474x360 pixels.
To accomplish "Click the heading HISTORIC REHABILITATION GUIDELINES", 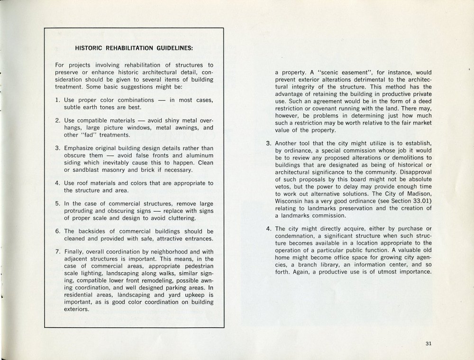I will pos(134,48).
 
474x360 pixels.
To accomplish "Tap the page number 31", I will pos(428,344).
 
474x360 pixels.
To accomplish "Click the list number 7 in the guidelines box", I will pos(57,252).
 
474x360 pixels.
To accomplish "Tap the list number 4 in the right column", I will pos(268,229).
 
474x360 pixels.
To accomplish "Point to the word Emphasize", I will pos(81,148).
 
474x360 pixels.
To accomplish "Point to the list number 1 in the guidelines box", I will pos(57,100).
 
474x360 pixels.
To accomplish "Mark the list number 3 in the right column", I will pos(268,143).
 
